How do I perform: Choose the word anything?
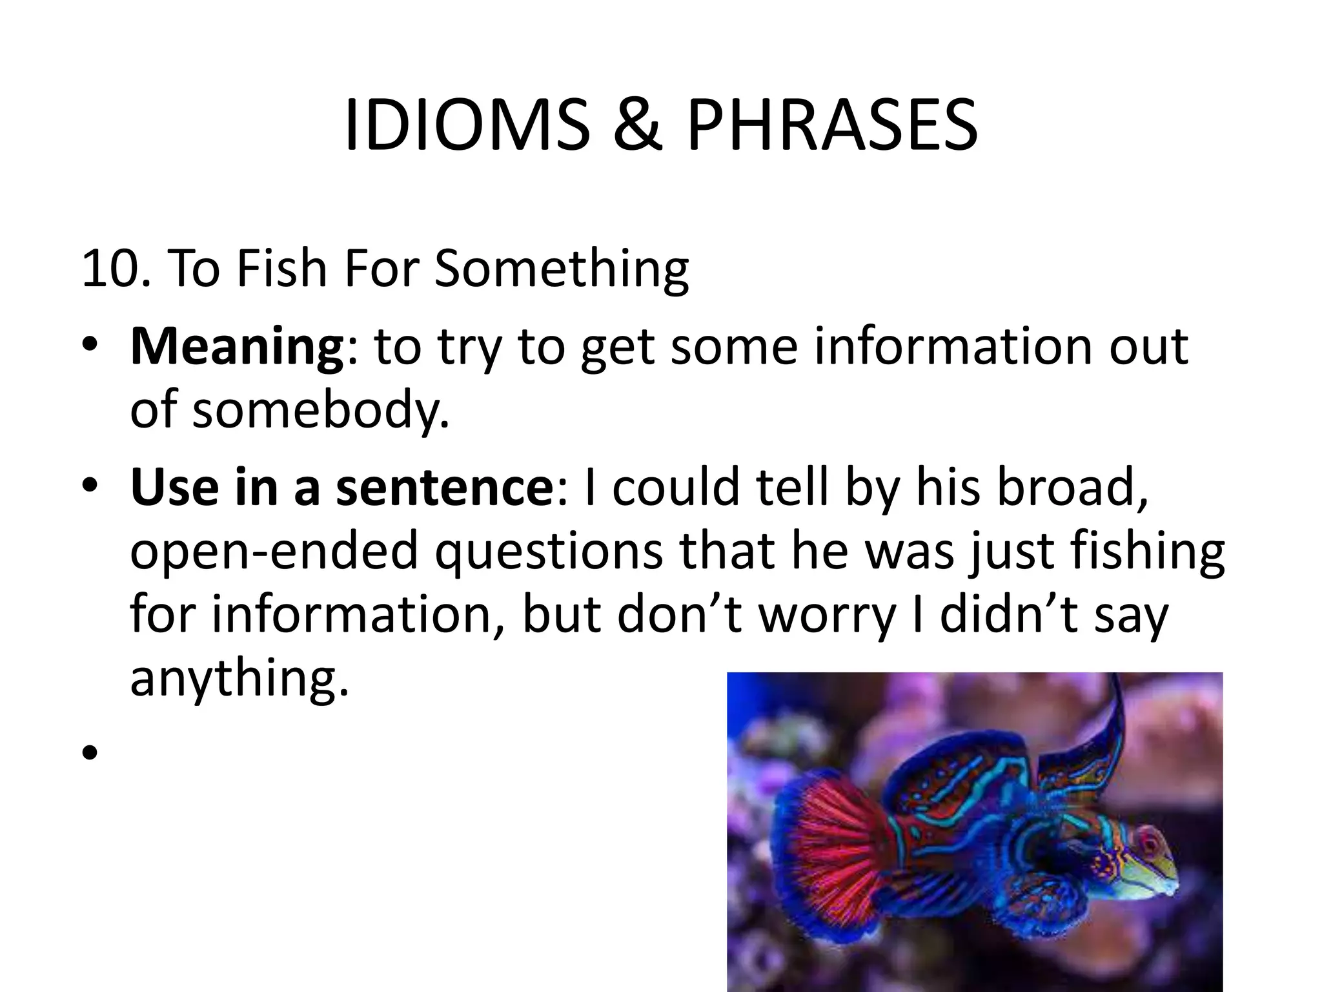click(239, 679)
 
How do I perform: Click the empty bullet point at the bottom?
click(90, 752)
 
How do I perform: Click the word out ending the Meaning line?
click(1149, 347)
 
